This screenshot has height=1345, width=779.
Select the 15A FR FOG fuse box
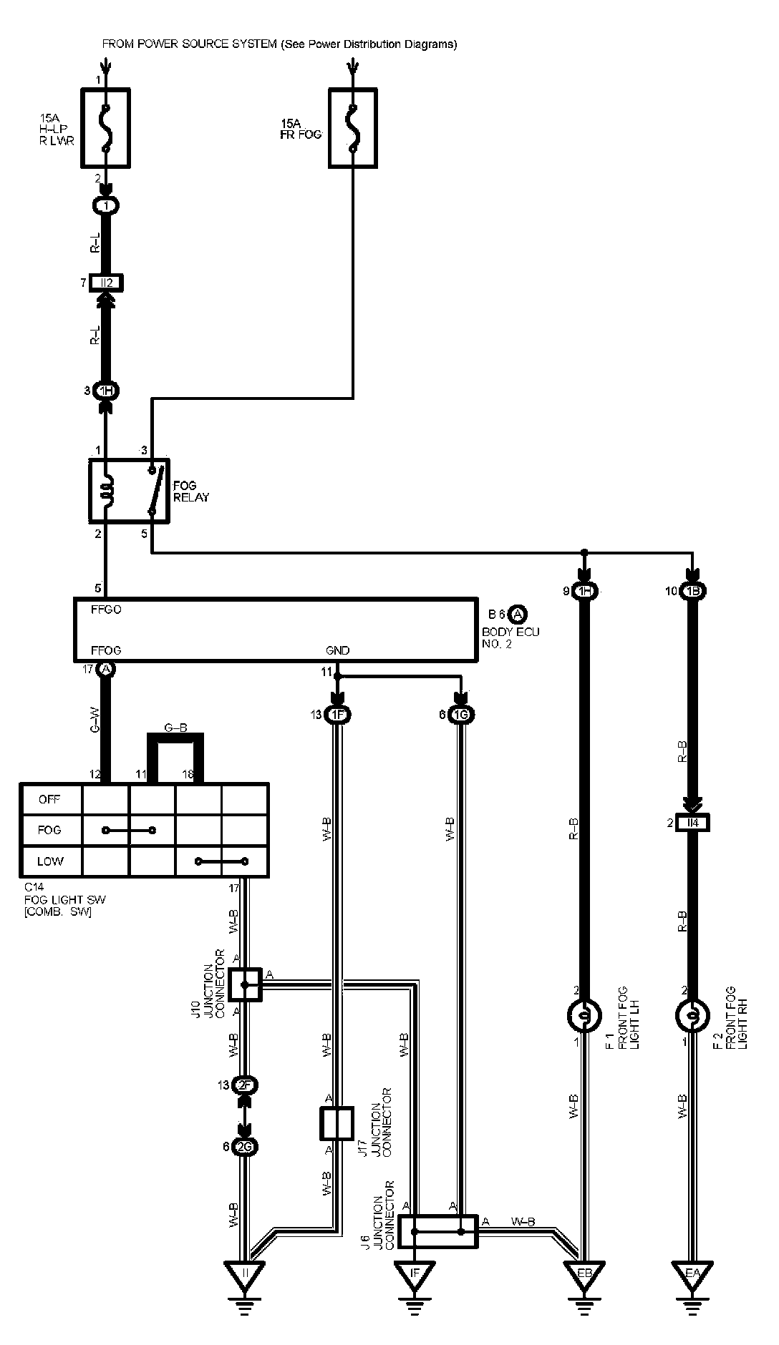[x=352, y=129]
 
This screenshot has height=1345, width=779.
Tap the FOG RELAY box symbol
[x=129, y=491]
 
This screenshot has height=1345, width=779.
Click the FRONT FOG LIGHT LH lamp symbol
[x=585, y=1015]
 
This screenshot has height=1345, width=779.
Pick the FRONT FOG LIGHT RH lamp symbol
[x=692, y=1015]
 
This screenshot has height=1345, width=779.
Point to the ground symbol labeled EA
[x=692, y=1274]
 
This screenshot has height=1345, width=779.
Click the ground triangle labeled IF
[x=414, y=1274]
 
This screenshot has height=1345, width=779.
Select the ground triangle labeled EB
[x=585, y=1274]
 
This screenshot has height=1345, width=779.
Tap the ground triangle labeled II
[x=245, y=1274]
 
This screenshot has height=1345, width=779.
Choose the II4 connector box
[x=692, y=823]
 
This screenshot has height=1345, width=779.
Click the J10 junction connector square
[x=245, y=984]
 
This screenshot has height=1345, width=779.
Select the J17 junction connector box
[x=336, y=1123]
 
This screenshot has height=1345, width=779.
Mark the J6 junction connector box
[x=438, y=1231]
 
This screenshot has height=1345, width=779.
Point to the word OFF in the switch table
[x=49, y=799]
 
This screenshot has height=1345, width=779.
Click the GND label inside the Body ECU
[x=337, y=650]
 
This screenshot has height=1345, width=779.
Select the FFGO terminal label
[x=106, y=610]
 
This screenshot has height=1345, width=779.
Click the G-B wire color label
[x=175, y=728]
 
